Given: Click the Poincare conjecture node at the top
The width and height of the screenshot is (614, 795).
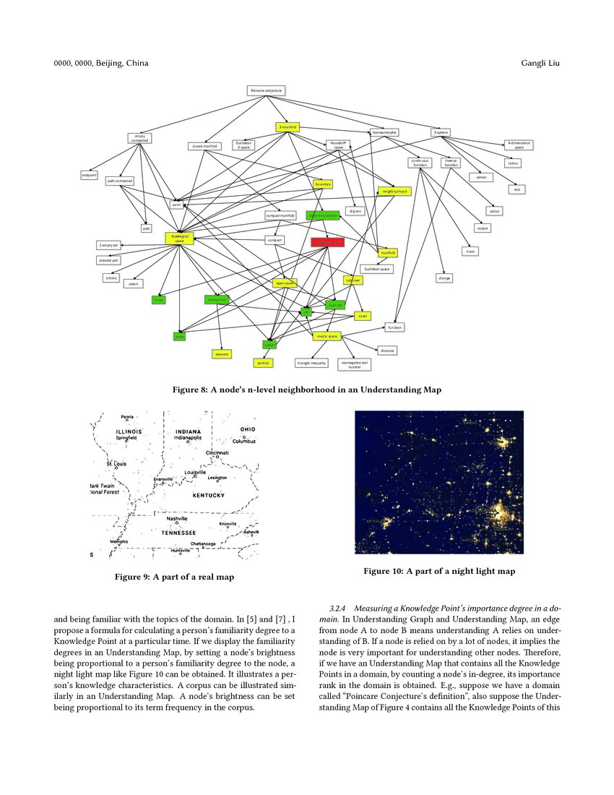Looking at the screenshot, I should pos(266,90).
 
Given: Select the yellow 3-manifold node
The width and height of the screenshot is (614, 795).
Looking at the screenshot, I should pos(287,127).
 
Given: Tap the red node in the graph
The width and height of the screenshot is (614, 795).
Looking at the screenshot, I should pos(327,242).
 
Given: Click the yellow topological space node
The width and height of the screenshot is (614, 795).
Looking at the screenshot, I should pos(179,238).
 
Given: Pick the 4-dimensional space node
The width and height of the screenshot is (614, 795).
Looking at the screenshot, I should pos(519,145).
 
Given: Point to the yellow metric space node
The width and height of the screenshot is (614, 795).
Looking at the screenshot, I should pos(327,336).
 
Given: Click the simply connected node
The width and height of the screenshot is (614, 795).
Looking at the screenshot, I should pos(139,138).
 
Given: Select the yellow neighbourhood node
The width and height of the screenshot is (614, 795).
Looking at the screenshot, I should pos(394,192).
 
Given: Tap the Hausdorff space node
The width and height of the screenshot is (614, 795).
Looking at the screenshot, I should pos(338,145).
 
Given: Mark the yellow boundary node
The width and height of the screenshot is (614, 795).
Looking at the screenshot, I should pos(323,184).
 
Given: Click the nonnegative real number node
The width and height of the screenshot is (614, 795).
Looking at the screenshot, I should pos(355,364).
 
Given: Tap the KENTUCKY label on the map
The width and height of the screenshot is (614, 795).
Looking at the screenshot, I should pos(208,496).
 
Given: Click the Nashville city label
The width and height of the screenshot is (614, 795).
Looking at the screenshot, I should pos(177,518).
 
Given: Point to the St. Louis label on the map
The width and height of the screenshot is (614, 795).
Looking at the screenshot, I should pos(116,463).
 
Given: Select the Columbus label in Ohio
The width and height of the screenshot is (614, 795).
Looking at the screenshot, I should pos(244,441).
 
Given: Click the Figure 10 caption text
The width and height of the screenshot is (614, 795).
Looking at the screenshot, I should pos(438,572).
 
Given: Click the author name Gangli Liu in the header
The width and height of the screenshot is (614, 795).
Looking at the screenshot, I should pos(540,64).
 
